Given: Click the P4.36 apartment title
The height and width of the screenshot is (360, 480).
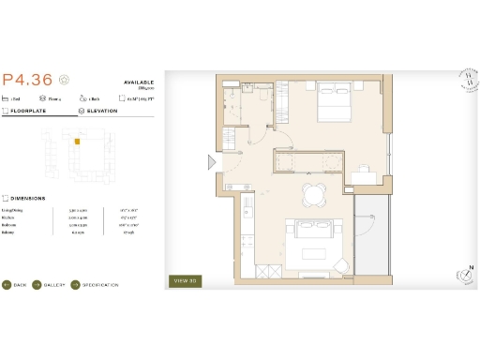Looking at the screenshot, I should (27, 80).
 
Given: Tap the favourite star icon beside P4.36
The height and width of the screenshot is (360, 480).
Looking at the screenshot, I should (64, 80).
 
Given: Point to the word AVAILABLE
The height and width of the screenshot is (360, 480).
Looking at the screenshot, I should (138, 82).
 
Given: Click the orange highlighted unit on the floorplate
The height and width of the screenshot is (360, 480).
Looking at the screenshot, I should (79, 142).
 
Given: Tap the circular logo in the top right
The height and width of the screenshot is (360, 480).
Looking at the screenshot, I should (459, 82).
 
